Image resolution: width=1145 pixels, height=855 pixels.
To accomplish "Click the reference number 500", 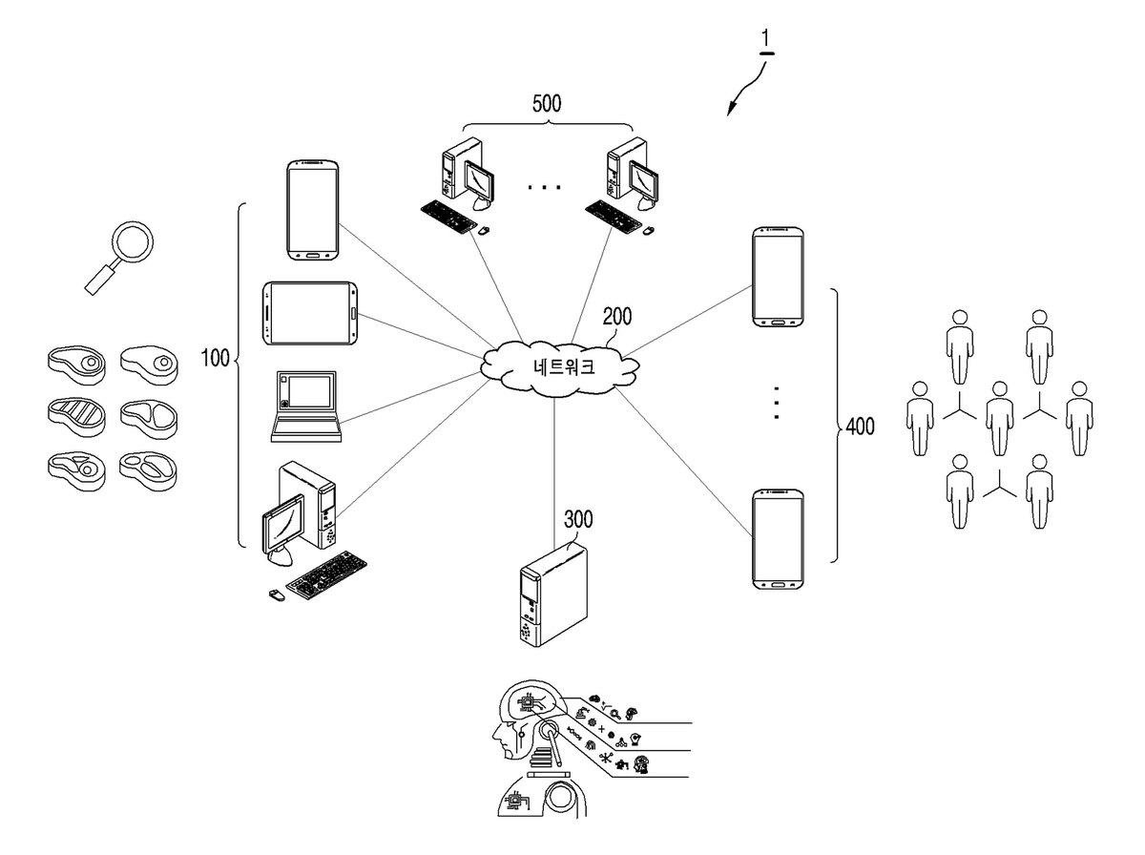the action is click(547, 103).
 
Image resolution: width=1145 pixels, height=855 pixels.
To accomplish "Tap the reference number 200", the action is click(617, 317).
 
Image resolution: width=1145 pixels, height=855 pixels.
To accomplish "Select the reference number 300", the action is click(578, 519).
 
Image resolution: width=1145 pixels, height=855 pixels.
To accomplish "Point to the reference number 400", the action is click(861, 427).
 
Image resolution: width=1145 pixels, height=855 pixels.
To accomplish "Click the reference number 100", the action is click(215, 358).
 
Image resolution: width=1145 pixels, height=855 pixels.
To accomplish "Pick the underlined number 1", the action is click(765, 39).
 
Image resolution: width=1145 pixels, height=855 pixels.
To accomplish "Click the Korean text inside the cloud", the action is click(564, 366).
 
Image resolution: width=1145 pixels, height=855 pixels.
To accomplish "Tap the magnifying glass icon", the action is click(119, 258).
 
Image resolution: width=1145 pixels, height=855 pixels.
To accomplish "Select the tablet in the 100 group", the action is click(310, 314).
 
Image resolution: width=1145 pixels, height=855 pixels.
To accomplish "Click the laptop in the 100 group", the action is click(306, 407).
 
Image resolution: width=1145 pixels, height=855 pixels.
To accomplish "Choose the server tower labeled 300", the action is click(553, 594).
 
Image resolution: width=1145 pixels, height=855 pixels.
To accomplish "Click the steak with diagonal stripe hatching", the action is click(76, 416).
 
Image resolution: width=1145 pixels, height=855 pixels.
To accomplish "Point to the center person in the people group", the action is click(999, 418).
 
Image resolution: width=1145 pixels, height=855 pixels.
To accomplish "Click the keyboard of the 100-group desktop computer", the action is click(326, 574).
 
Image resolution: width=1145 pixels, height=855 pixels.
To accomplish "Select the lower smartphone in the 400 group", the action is click(778, 539).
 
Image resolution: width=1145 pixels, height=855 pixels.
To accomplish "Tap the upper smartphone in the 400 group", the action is click(778, 277).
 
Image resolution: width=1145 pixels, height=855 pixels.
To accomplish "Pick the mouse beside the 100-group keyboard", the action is click(277, 595).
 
